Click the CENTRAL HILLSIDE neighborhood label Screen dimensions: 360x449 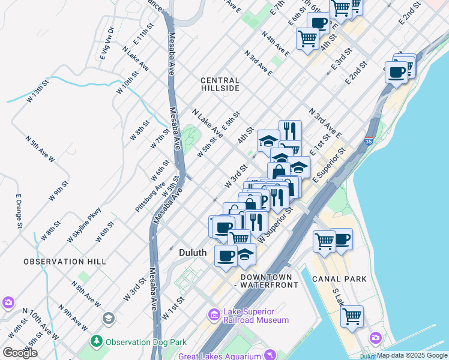(220, 84)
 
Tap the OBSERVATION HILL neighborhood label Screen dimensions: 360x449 (65, 262)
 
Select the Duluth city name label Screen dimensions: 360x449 (193, 253)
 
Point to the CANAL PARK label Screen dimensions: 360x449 (339, 279)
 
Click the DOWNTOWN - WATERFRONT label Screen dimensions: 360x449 (269, 281)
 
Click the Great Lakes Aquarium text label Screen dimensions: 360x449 (220, 356)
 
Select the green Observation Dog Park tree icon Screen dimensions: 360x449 (96, 341)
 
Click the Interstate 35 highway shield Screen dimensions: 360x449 (369, 142)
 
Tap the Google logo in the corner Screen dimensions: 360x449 (20, 353)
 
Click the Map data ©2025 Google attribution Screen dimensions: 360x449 (412, 356)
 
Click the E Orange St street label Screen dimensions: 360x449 (19, 211)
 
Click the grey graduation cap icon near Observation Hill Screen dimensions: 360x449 (108, 317)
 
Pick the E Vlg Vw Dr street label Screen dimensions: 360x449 (107, 43)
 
